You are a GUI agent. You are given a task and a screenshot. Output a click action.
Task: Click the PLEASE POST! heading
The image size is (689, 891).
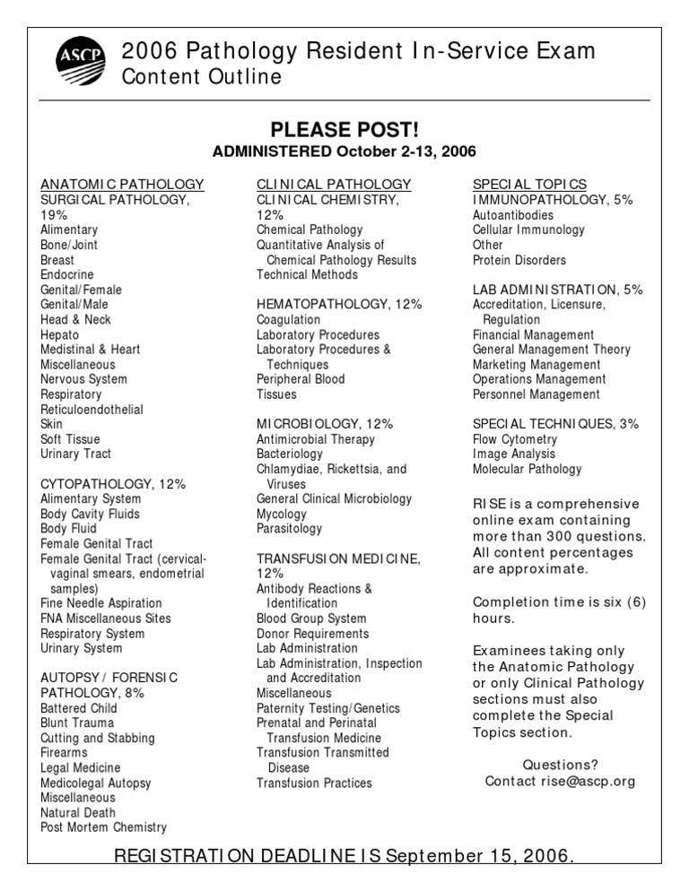coord(344,130)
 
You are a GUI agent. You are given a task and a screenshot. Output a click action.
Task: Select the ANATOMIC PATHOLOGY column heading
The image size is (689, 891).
coord(122,185)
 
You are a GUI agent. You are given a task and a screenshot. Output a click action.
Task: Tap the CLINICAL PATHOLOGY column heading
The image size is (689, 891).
coord(334,185)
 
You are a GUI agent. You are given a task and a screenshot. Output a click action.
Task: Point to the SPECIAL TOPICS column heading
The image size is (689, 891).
coord(529,185)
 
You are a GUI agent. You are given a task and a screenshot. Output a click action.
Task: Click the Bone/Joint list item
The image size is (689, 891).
coord(69,245)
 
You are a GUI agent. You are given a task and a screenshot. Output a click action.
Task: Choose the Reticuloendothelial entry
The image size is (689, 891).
coord(92,409)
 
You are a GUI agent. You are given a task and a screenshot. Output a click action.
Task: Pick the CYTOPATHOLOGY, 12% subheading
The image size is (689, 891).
coord(113,484)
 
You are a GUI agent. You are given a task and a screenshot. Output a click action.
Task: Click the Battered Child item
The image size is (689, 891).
coord(80,708)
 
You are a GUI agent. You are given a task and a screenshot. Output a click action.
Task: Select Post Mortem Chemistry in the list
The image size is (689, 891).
coord(104,827)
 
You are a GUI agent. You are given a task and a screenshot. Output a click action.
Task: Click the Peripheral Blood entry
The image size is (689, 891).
coord(301,379)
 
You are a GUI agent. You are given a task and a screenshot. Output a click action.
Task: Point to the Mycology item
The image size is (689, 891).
coord(281,514)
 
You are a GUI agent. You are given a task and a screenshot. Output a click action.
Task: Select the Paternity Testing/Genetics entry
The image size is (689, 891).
coord(328,708)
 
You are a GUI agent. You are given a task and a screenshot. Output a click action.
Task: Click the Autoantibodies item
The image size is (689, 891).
coord(513,215)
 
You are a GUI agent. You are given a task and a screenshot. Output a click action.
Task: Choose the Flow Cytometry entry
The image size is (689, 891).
coord(515,439)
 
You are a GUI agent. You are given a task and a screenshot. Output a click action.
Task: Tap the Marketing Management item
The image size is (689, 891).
coord(536,365)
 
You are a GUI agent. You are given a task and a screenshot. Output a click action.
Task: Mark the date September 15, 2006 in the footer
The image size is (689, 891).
coord(480,857)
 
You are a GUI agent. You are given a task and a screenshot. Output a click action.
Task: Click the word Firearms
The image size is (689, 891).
coord(65,753)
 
